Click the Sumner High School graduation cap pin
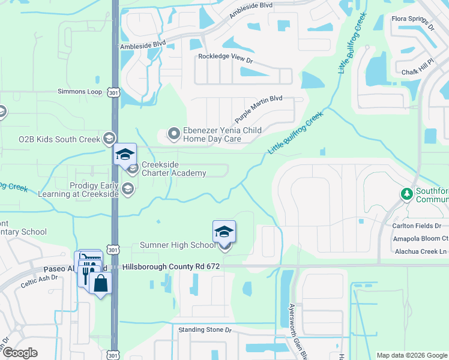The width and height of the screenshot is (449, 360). tap(224, 232)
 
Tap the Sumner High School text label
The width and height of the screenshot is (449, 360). tap(177, 245)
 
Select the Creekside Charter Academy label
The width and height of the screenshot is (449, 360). tap(173, 169)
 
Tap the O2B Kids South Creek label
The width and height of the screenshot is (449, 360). tap(59, 139)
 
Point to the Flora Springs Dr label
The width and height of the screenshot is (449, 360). tap(412, 23)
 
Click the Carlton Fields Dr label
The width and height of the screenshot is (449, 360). tap(417, 226)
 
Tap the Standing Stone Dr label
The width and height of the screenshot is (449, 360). tap(205, 330)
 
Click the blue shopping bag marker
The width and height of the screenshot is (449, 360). tap(101, 283)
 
